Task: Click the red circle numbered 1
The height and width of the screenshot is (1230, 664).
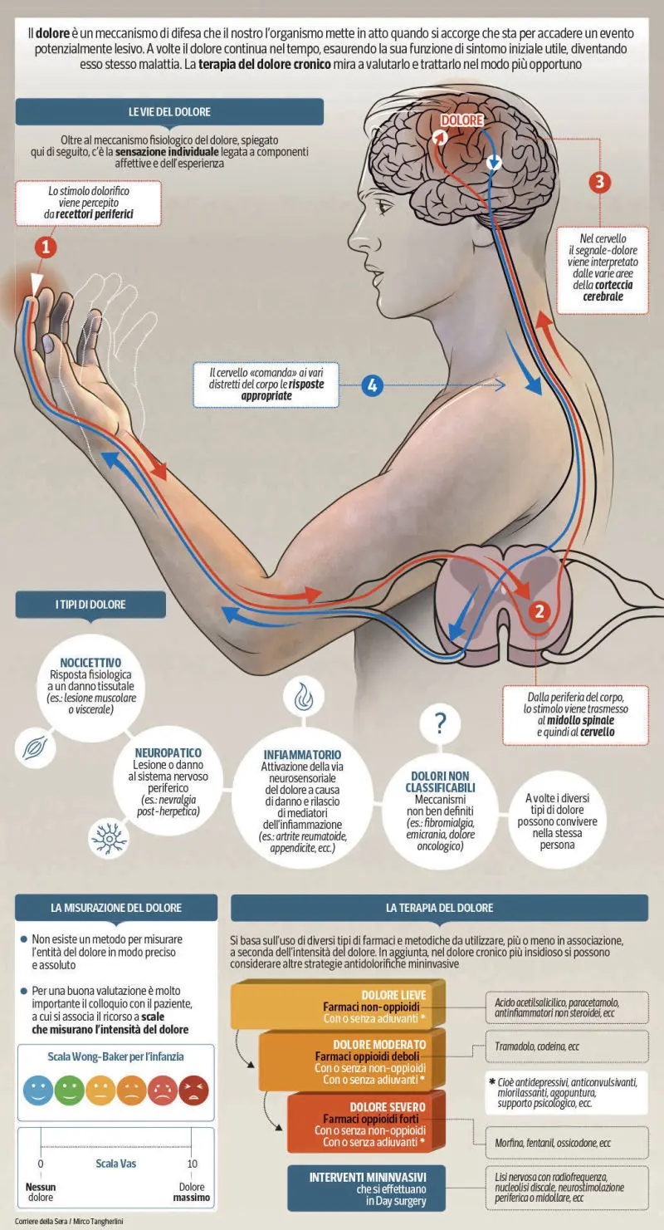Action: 46,247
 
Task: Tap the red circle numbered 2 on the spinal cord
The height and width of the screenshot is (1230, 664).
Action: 539,612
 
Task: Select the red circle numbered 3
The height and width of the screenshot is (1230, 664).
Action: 600,182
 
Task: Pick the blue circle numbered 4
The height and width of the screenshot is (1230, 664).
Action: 372,385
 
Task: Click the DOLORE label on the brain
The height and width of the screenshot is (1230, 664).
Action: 462,120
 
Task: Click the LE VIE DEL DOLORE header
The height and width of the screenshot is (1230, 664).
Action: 169,112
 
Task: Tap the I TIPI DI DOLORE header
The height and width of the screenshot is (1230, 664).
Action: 90,605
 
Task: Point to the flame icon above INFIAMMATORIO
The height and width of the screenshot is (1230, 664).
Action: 304,697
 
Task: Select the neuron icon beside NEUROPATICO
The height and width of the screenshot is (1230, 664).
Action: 109,838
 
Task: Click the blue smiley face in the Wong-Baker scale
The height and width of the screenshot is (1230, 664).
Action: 38,1090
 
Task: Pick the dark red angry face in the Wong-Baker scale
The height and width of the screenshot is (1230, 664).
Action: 193,1090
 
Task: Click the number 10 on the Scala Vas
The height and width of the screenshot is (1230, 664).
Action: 192,1164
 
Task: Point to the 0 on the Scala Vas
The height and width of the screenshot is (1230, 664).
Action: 41,1164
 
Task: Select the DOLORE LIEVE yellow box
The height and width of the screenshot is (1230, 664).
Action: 338,1007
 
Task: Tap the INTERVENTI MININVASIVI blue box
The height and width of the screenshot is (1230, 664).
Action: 367,1188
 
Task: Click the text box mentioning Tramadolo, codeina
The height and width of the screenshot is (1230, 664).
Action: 567,1046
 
